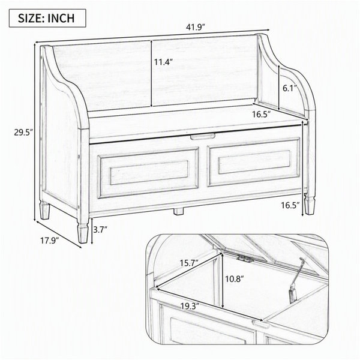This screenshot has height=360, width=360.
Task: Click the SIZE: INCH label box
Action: pyautogui.click(x=47, y=18)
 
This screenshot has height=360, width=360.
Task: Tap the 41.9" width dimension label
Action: pyautogui.click(x=195, y=28)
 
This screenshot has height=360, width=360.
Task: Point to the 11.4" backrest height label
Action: pyautogui.click(x=163, y=62)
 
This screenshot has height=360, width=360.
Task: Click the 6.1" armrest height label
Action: pyautogui.click(x=290, y=88)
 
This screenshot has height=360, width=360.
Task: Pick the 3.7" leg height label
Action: pyautogui.click(x=100, y=229)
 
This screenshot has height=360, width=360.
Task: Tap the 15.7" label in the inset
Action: pyautogui.click(x=189, y=263)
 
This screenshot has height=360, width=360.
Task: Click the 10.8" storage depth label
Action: pyautogui.click(x=234, y=279)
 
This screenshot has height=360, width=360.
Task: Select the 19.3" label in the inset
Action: pyautogui.click(x=190, y=306)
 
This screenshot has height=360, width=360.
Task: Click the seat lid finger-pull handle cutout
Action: pyautogui.click(x=203, y=136)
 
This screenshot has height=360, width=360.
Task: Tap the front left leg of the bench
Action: pyautogui.click(x=83, y=231)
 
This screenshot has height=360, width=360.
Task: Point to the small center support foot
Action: pyautogui.click(x=178, y=211)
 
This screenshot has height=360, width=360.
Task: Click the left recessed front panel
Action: pyautogui.click(x=148, y=173)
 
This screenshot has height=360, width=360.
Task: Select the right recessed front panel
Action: pyautogui.click(x=254, y=162)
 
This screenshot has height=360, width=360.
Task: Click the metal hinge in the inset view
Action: pyautogui.click(x=245, y=258)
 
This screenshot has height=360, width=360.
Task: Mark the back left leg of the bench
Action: pyautogui.click(x=45, y=210)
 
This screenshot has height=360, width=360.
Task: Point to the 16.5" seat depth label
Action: pyautogui.click(x=261, y=114)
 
